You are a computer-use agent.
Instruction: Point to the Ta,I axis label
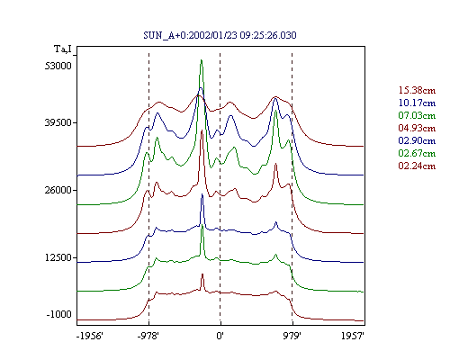tap(63, 49)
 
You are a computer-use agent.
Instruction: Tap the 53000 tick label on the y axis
tap(58, 66)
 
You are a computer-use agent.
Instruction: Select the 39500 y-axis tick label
tap(58, 122)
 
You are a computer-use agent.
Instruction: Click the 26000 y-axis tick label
tap(58, 190)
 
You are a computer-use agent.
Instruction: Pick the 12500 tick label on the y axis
tap(58, 257)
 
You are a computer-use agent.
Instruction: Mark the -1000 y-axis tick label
tap(59, 314)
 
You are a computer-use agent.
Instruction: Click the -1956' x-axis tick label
tap(90, 336)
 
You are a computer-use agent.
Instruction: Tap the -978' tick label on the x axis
tap(148, 336)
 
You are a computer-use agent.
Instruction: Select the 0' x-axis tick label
tap(220, 336)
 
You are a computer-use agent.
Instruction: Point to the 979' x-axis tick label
tap(292, 336)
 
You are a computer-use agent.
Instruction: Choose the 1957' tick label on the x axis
tap(353, 336)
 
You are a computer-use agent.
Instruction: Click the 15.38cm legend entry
tap(417, 90)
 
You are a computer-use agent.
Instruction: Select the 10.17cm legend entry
tap(417, 103)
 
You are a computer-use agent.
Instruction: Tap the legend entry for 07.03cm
tap(417, 115)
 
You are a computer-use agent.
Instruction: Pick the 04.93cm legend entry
tap(417, 128)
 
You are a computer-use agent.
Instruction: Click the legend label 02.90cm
tap(417, 140)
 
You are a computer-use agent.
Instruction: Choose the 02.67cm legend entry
tap(417, 153)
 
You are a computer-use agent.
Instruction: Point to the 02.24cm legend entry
tap(417, 166)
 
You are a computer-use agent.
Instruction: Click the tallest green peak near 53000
tap(202, 60)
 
